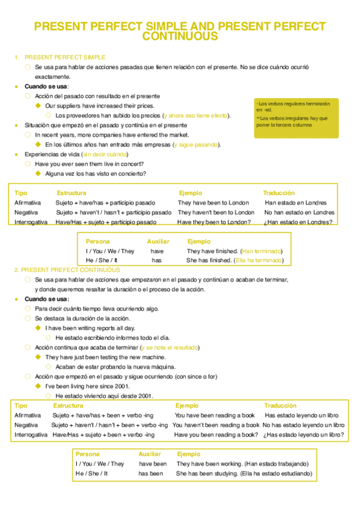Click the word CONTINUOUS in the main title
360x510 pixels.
180,37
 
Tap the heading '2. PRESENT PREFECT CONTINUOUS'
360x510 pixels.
67,270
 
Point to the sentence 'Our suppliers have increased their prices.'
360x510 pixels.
96,105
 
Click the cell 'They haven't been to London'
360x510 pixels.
216,212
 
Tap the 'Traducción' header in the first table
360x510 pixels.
278,193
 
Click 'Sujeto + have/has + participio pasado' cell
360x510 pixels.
105,203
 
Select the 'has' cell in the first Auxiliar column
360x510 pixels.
157,260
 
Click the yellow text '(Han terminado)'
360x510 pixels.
261,251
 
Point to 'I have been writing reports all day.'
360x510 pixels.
90,328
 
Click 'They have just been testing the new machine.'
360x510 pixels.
105,357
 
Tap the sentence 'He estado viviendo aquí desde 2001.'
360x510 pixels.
104,396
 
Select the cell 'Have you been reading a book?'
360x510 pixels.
216,434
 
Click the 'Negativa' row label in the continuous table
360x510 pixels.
26,425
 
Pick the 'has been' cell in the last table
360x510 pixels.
151,473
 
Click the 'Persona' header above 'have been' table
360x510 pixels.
88,454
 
